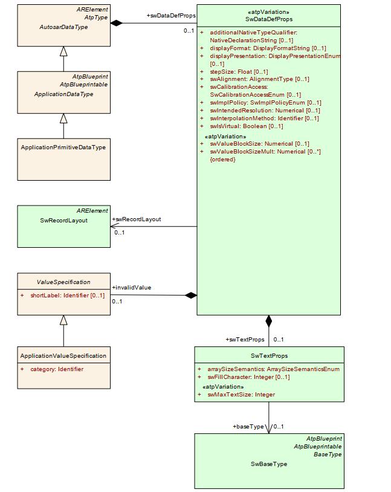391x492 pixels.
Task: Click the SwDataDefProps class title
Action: click(x=269, y=19)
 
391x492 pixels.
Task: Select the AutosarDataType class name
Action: click(x=63, y=27)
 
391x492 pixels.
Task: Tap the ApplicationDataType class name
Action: click(x=63, y=94)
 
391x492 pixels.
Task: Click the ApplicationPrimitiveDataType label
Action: click(x=63, y=147)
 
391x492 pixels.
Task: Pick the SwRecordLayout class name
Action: click(x=63, y=221)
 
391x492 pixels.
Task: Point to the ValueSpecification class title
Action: click(x=63, y=282)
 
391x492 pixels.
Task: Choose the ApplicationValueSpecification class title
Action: click(x=63, y=356)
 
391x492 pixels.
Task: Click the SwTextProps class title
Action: click(x=269, y=356)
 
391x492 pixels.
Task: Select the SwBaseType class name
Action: click(x=269, y=464)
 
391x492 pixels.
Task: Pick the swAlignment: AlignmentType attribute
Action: click(x=259, y=79)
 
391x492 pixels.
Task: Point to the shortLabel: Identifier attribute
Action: click(x=67, y=296)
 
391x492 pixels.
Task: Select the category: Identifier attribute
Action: click(x=57, y=369)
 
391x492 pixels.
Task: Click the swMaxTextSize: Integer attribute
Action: click(x=241, y=395)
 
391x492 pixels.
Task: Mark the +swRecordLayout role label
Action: click(x=137, y=219)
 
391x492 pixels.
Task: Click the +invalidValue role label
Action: click(x=131, y=288)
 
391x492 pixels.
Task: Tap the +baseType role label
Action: click(x=248, y=427)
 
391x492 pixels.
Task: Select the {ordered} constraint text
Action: click(x=222, y=160)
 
